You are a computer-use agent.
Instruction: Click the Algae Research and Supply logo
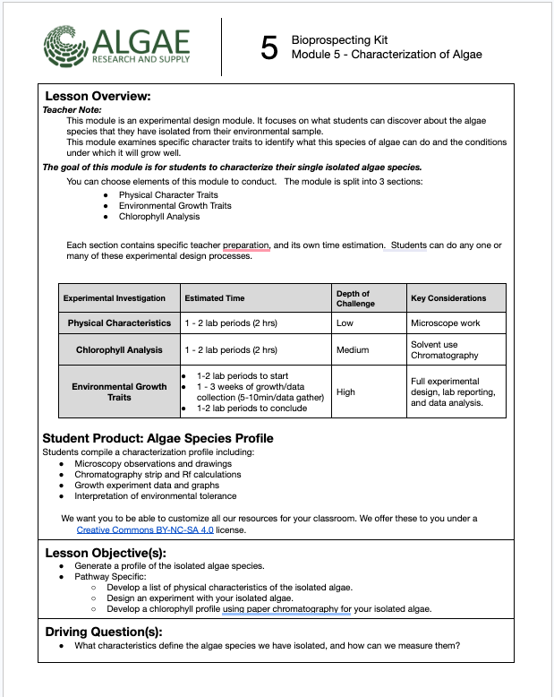tap(116, 47)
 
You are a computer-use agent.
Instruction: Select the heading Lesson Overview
tap(98, 97)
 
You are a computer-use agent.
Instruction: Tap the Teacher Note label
tap(72, 109)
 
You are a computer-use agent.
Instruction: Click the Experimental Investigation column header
tap(114, 298)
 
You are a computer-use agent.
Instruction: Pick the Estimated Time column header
tap(214, 298)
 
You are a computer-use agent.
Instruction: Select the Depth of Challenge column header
tap(353, 298)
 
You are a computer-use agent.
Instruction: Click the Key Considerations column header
tap(448, 298)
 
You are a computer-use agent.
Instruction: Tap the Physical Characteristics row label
tap(119, 323)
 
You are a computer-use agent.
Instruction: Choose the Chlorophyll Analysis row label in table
tap(119, 349)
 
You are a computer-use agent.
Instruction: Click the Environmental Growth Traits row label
tap(119, 392)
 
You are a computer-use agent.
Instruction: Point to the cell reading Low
tap(345, 323)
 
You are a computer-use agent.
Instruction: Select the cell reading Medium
tap(352, 349)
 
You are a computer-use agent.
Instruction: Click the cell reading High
tap(345, 392)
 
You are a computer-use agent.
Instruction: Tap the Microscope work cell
tap(445, 323)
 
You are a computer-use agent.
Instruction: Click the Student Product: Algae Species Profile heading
tap(158, 438)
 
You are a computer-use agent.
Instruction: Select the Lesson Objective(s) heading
tap(104, 553)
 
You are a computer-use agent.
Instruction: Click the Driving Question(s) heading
tap(104, 632)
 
